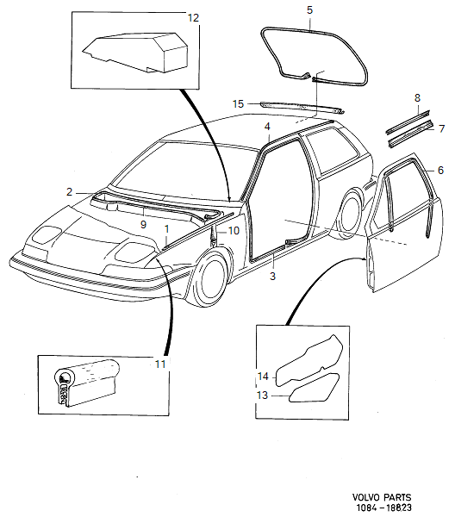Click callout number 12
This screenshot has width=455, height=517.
point(192,17)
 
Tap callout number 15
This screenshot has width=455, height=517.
point(239,103)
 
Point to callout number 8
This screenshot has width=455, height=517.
point(416,97)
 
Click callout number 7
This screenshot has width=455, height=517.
point(440,129)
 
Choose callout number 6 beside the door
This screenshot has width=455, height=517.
point(440,171)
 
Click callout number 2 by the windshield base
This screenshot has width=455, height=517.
point(69,191)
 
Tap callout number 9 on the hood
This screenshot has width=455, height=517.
point(145,225)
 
